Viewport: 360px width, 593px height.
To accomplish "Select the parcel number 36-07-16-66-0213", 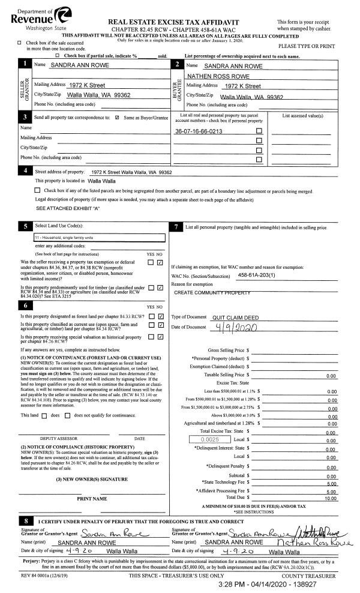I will coord(198,131).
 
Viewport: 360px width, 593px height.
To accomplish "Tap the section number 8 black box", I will coord(25,520).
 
